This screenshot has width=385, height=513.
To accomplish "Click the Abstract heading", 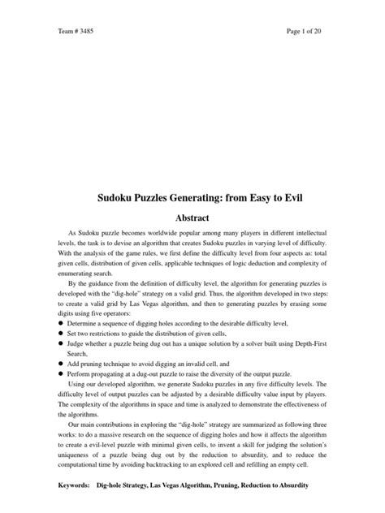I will point(192,218).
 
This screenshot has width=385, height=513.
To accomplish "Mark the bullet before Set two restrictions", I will point(60,333).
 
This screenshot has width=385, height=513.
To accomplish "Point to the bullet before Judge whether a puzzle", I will point(60,343).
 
